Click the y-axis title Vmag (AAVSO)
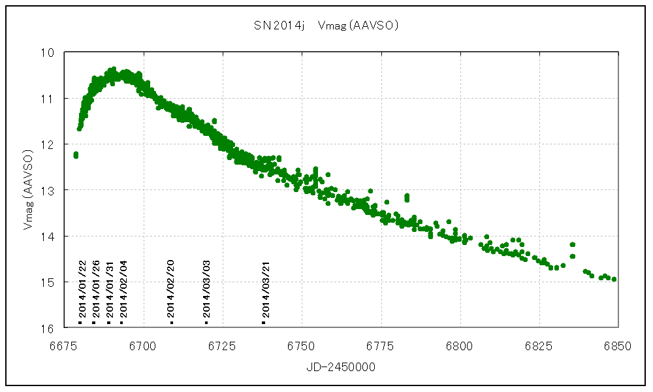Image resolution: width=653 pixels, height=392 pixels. click(x=28, y=189)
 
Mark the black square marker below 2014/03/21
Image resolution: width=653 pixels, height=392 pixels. click(x=263, y=323)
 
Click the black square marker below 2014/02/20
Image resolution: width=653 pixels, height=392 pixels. click(x=171, y=323)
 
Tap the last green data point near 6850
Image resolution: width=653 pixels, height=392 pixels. click(x=614, y=279)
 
